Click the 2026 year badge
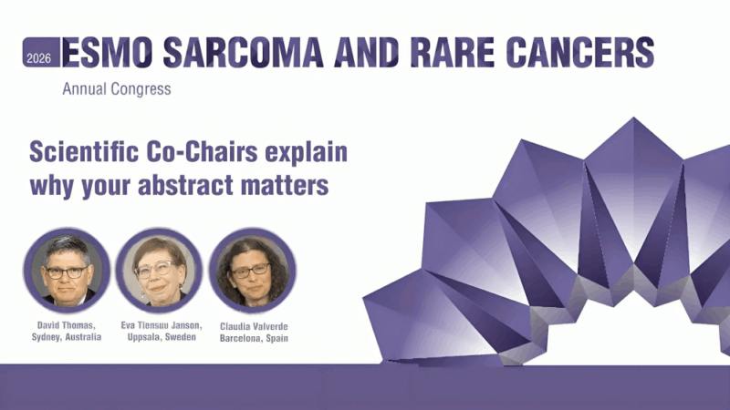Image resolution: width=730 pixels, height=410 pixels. [39, 57]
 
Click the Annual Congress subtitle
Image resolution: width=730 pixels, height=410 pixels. [116, 89]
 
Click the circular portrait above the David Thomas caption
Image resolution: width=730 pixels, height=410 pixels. [67, 271]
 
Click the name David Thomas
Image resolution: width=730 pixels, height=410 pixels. [66, 324]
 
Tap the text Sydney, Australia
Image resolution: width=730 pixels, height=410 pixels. [66, 337]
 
